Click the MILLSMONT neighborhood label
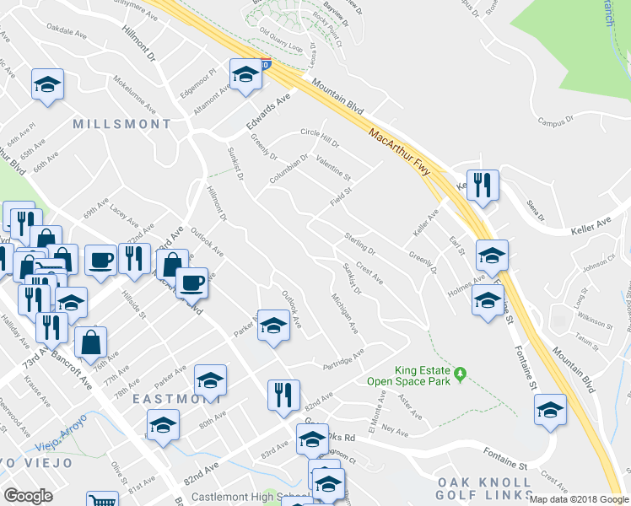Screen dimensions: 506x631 click(121, 124)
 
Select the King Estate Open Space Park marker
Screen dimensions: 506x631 click(461, 373)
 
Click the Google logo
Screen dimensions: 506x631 click(28, 496)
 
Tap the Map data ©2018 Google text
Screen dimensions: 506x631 click(579, 498)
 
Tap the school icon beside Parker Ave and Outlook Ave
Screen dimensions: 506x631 click(273, 325)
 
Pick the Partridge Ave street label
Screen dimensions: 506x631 click(343, 360)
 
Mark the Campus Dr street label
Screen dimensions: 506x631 click(556, 122)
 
